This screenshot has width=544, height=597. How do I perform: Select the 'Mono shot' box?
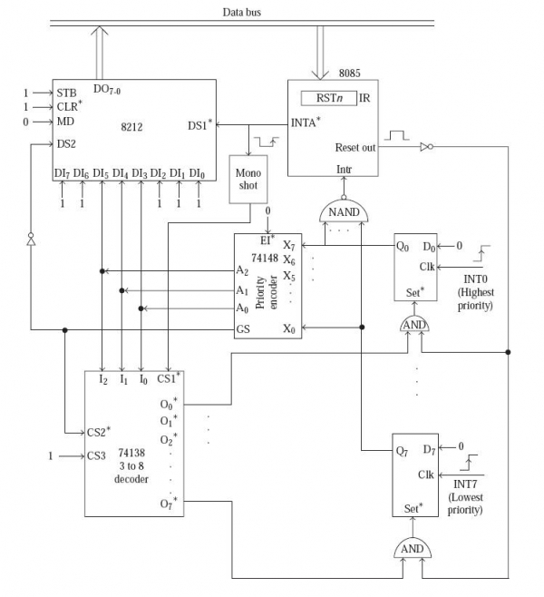coord(248,178)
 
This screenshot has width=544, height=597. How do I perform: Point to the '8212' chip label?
coord(132,128)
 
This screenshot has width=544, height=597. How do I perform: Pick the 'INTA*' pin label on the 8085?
coord(306,122)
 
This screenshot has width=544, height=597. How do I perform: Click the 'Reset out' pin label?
coord(355,147)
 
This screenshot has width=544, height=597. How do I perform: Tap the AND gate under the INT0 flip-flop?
coord(413,326)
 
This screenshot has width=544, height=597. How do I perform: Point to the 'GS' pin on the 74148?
coord(242,328)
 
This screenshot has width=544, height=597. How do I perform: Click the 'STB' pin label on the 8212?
coord(67,93)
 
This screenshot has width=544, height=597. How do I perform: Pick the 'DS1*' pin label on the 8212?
coord(199,124)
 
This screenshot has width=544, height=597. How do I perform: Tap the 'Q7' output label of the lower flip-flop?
coord(401,449)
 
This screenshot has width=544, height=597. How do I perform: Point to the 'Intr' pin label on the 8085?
coord(344,169)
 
